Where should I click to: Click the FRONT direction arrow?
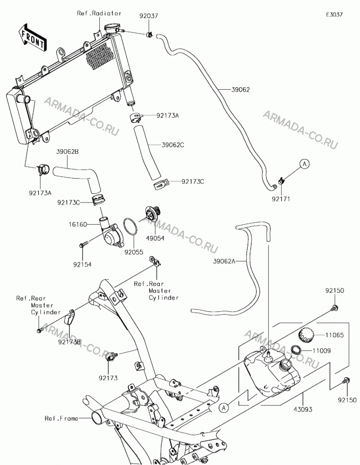32,37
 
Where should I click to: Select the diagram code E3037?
334,14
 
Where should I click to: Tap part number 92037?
149,16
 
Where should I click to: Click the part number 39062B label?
67,152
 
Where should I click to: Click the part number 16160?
78,224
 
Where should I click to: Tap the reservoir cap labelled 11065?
306,335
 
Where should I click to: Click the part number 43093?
303,410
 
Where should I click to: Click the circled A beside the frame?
224,408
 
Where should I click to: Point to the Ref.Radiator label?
99,13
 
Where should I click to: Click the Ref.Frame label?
61,418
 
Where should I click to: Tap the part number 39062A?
224,261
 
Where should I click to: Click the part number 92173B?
69,342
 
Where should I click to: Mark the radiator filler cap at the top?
111,28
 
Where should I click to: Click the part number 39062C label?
173,145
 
